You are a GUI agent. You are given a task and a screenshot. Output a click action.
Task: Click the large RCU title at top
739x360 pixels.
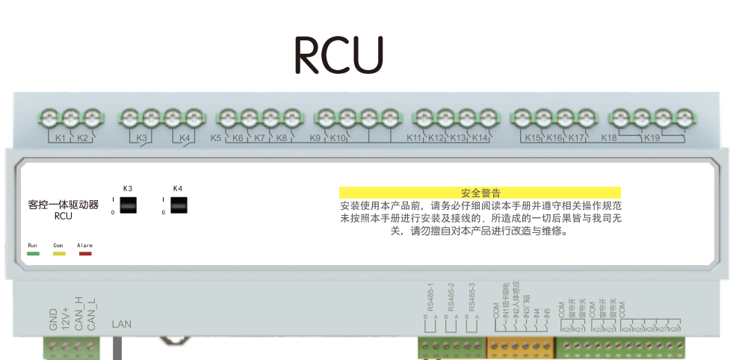point(338,55)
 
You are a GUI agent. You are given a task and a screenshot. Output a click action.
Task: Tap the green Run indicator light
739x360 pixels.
point(33,254)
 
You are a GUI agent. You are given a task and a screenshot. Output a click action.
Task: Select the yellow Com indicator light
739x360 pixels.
point(59,254)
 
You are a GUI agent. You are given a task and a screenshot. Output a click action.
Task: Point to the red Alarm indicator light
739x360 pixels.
point(85,254)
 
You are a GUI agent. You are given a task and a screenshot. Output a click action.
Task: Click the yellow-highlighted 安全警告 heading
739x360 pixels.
point(480,193)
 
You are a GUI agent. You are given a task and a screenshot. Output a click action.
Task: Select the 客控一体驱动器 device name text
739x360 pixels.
point(63,204)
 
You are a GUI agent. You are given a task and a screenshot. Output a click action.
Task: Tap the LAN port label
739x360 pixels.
point(121,324)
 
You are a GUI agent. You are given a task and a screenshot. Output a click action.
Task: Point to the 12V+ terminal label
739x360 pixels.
point(67,317)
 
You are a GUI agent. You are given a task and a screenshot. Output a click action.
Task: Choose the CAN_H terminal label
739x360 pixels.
point(79,314)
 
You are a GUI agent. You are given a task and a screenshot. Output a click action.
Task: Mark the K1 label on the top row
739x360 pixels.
point(61,138)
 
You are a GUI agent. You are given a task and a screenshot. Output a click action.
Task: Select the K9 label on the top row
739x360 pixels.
point(315,138)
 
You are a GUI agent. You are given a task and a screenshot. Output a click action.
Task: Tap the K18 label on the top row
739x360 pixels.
point(609,138)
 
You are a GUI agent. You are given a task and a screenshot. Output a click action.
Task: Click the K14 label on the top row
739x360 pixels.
point(480,138)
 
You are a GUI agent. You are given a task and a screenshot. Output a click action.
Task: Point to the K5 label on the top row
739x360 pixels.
point(216,138)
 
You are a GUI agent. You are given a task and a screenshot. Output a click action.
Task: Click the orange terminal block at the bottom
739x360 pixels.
point(520,347)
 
